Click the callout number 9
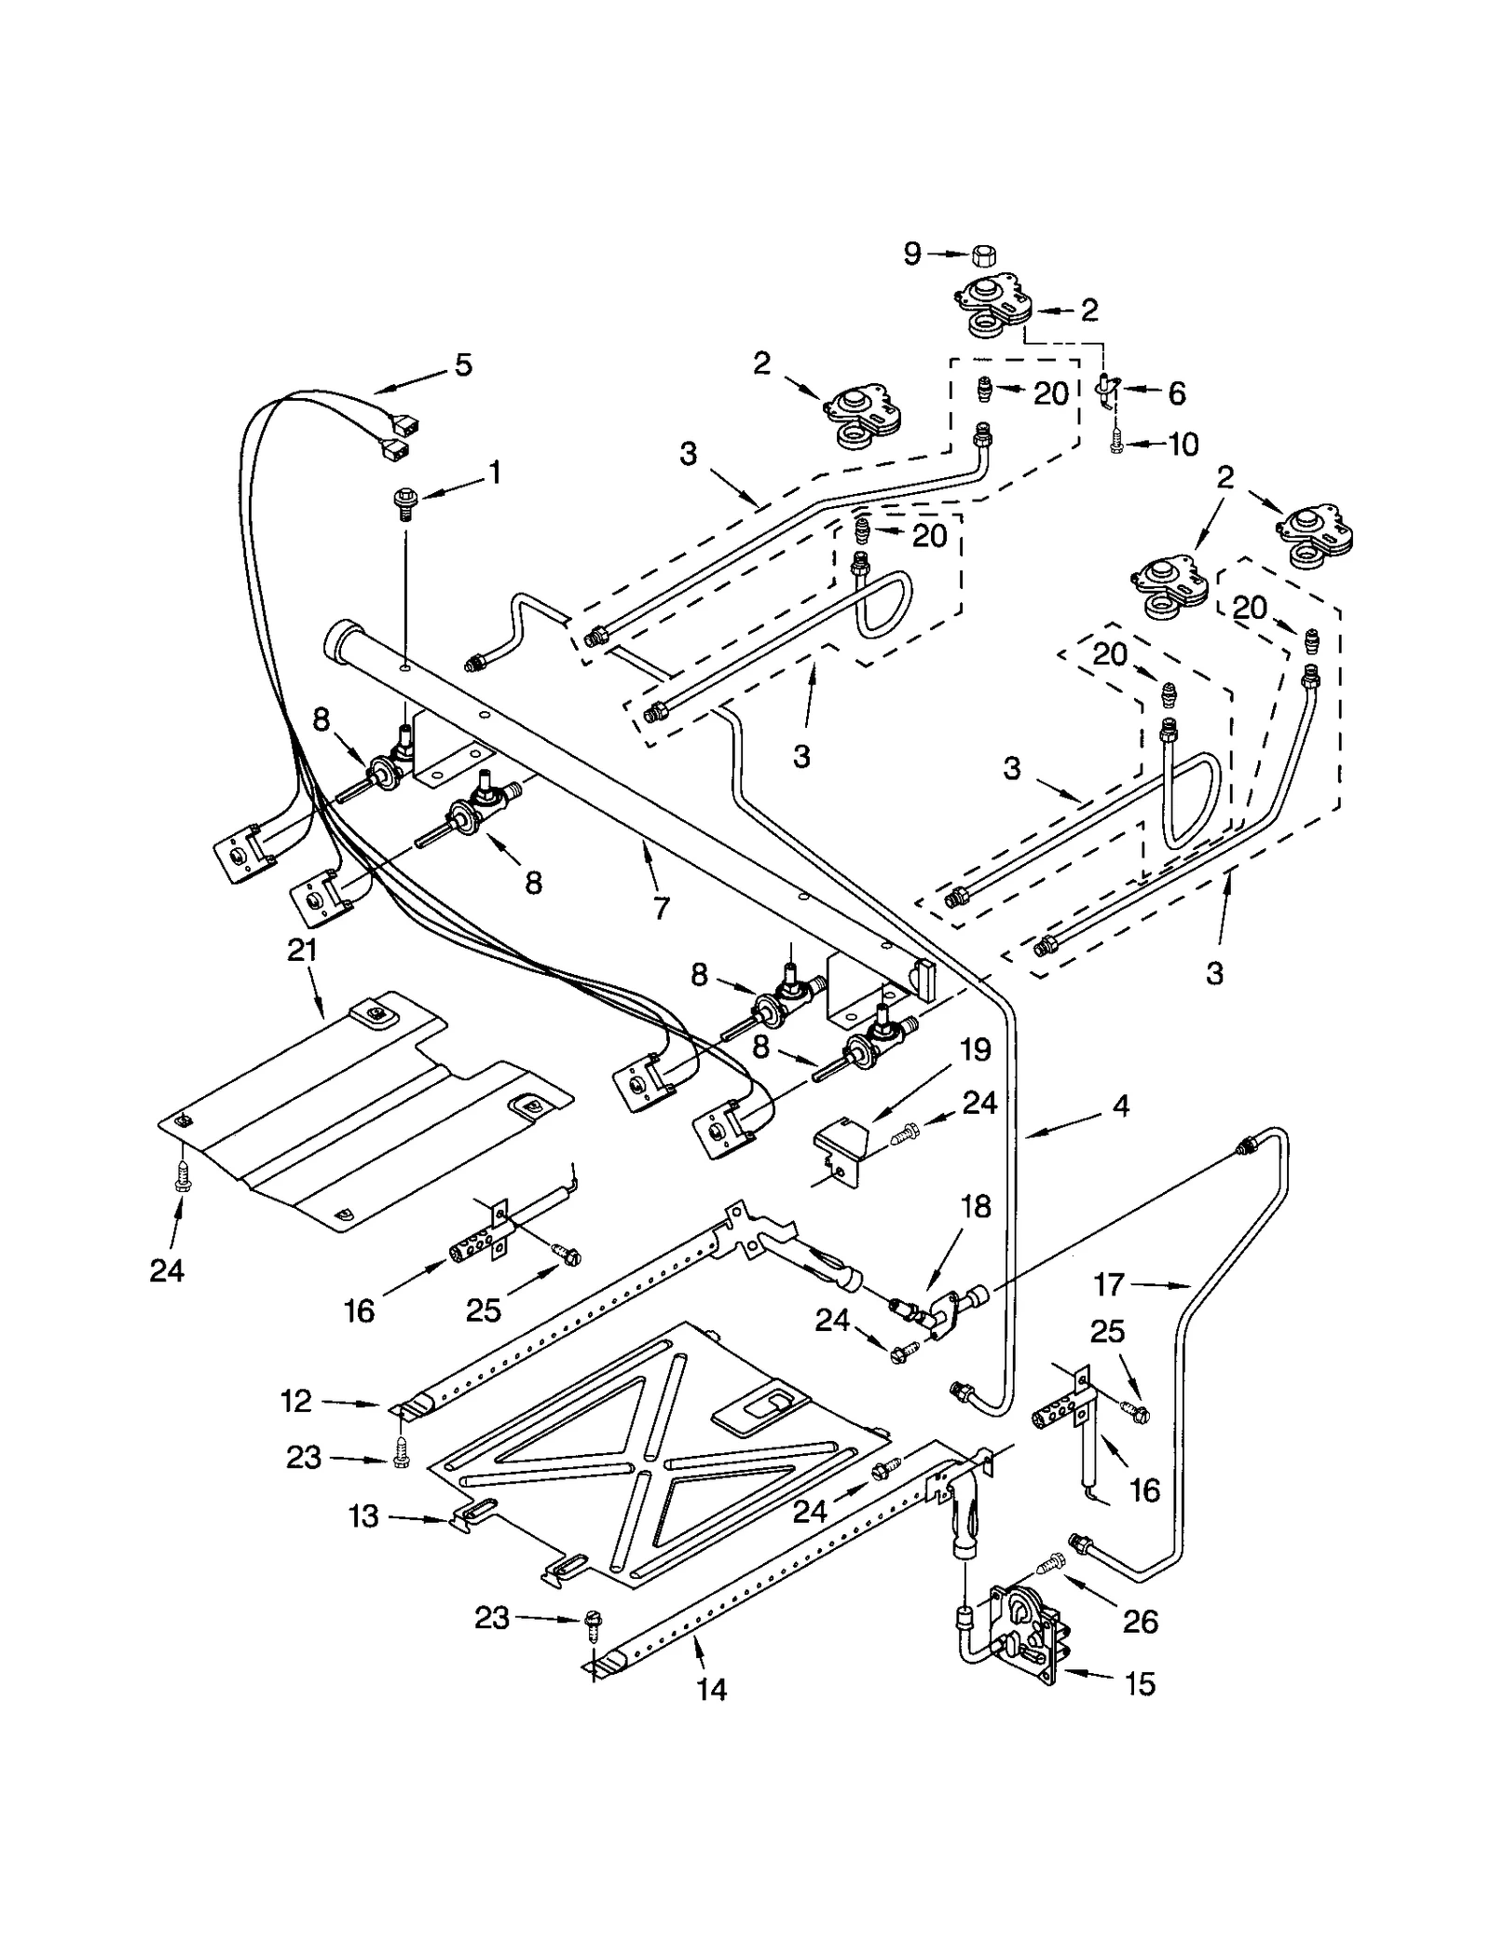click(911, 253)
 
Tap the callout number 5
click(463, 364)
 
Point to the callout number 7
click(661, 907)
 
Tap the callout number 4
click(1121, 1106)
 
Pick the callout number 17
click(1109, 1285)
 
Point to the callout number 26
click(1141, 1622)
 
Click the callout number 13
click(364, 1516)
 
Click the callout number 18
click(976, 1207)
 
